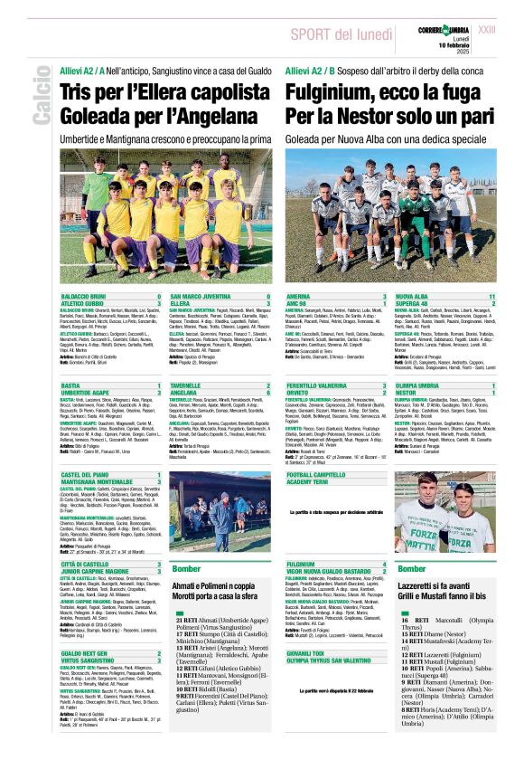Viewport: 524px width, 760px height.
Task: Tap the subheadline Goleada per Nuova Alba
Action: [328, 140]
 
